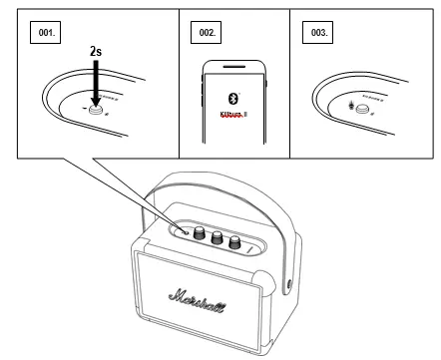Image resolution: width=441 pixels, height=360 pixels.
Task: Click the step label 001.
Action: (x=46, y=33)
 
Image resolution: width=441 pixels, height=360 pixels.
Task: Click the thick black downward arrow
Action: (x=96, y=85)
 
